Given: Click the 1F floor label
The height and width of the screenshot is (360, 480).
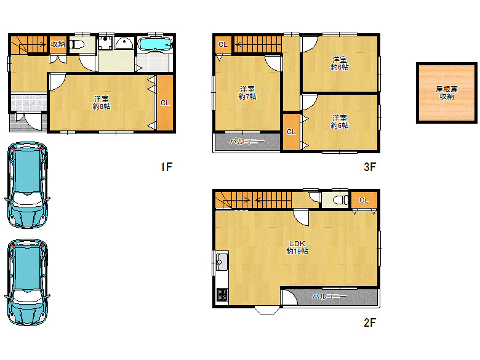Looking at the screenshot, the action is pyautogui.click(x=167, y=167).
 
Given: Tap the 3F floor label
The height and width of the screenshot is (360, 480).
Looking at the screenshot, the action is pyautogui.click(x=370, y=167).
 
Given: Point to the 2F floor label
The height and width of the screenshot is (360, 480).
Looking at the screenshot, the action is pyautogui.click(x=370, y=322).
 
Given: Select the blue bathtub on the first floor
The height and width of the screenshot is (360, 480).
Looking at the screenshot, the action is pyautogui.click(x=155, y=44).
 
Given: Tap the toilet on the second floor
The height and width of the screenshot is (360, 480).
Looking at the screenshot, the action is pyautogui.click(x=340, y=200).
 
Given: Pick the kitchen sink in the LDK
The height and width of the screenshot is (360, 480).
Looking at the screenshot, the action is pyautogui.click(x=222, y=262).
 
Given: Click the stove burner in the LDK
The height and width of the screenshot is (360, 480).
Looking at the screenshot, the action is pyautogui.click(x=222, y=295).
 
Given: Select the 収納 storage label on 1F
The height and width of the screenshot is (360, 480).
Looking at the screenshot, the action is pyautogui.click(x=58, y=44).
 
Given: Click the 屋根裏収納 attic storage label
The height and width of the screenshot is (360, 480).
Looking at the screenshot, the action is pyautogui.click(x=447, y=93).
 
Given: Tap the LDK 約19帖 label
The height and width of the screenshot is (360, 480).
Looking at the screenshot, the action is pyautogui.click(x=297, y=247).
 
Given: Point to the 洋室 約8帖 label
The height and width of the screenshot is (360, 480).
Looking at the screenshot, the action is pyautogui.click(x=102, y=103).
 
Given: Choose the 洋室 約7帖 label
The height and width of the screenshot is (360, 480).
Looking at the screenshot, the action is pyautogui.click(x=247, y=93).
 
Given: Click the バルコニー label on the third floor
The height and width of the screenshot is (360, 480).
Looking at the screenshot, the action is pyautogui.click(x=247, y=142).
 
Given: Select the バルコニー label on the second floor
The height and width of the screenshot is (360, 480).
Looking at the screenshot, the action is pyautogui.click(x=329, y=297).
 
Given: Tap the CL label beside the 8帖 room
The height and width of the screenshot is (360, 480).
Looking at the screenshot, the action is pyautogui.click(x=165, y=103).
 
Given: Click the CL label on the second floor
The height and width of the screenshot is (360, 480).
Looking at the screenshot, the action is pyautogui.click(x=364, y=200).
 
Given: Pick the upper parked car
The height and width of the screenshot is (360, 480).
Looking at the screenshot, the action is pyautogui.click(x=27, y=185).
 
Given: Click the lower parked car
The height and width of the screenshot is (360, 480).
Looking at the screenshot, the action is pyautogui.click(x=27, y=282).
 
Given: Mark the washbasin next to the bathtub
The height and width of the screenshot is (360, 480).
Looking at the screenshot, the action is pyautogui.click(x=124, y=44).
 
